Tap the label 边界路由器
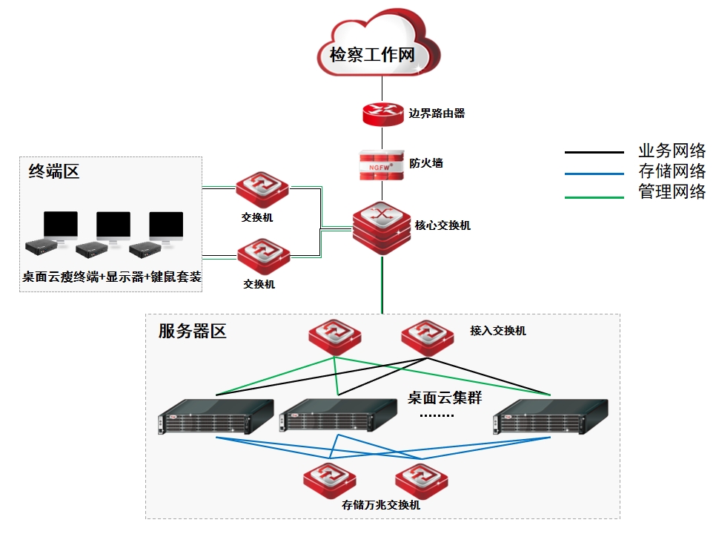pyautogui.click(x=437, y=113)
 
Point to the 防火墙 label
pyautogui.click(x=426, y=163)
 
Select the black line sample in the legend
pyautogui.click(x=594, y=153)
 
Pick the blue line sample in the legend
pyautogui.click(x=594, y=174)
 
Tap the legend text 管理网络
pyautogui.click(x=672, y=193)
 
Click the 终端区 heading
pyautogui.click(x=53, y=172)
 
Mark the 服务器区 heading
pyautogui.click(x=192, y=332)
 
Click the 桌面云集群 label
pyautogui.click(x=445, y=398)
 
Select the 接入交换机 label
pyautogui.click(x=497, y=331)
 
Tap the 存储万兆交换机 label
pyautogui.click(x=381, y=505)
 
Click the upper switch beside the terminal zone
pyautogui.click(x=262, y=191)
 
